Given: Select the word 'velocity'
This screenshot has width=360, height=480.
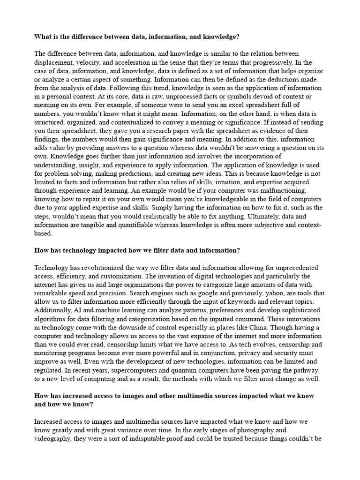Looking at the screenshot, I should point(94,62).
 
